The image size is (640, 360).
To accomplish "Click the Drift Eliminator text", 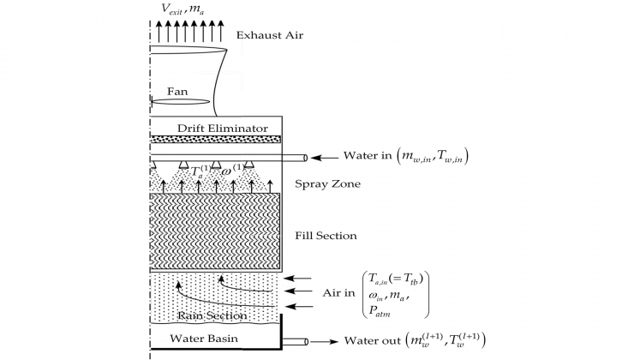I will click(222, 129).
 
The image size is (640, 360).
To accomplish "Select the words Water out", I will click(370, 341).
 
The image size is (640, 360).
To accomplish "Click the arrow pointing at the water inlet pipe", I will click(326, 157).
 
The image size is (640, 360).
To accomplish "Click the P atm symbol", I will click(380, 314).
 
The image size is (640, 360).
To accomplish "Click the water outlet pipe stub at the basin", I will click(296, 341).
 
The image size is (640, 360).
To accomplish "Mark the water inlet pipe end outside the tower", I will click(303, 157).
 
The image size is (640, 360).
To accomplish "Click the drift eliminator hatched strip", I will click(216, 139).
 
